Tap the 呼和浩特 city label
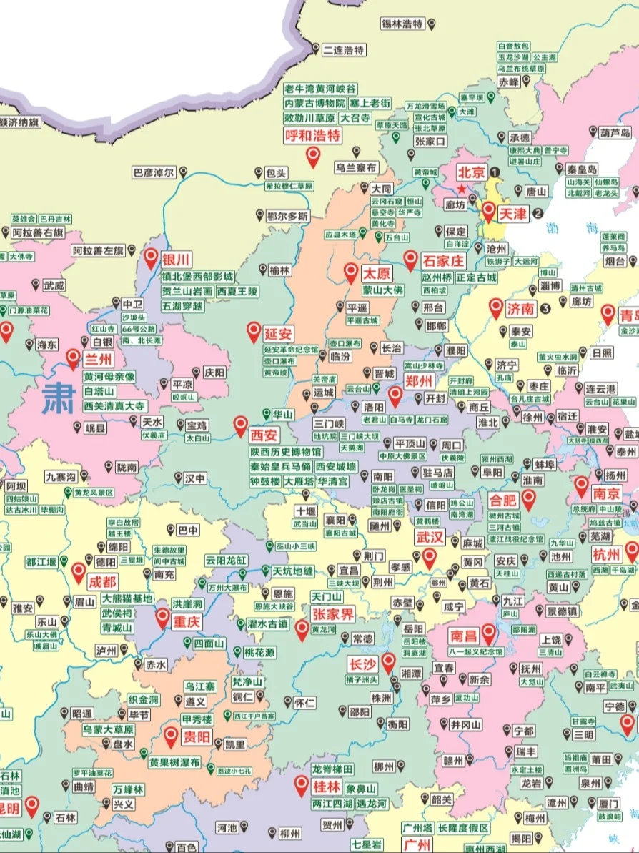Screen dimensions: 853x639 click(x=313, y=135)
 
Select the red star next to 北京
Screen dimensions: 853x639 click(x=462, y=189)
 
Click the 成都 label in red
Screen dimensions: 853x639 click(x=104, y=582)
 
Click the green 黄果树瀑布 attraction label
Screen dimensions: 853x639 click(x=174, y=762)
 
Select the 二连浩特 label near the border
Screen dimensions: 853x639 click(x=344, y=50)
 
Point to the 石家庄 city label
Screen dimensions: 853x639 click(x=444, y=262)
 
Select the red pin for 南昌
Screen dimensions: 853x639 click(x=489, y=632)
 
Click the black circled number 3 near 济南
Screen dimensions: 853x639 click(x=545, y=309)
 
